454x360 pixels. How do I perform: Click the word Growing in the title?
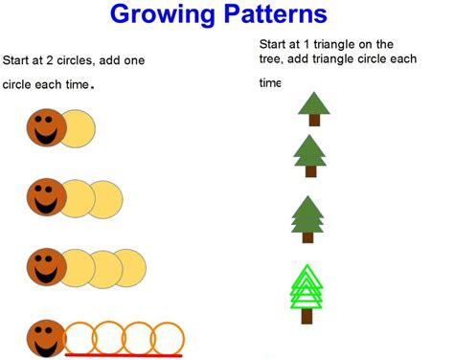point(167,15)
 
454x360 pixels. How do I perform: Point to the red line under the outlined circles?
point(124,355)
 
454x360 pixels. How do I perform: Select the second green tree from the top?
point(308,153)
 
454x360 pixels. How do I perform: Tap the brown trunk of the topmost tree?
point(313,121)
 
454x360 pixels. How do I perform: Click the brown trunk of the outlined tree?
point(308,320)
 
